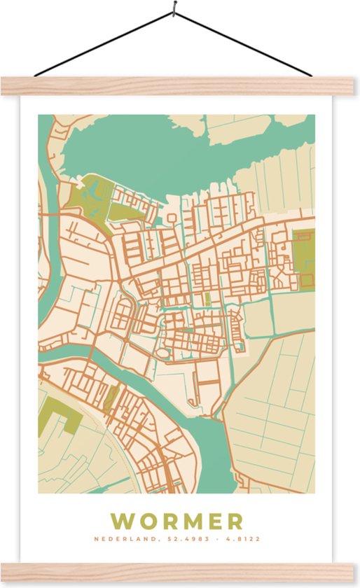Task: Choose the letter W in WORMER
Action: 123,521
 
